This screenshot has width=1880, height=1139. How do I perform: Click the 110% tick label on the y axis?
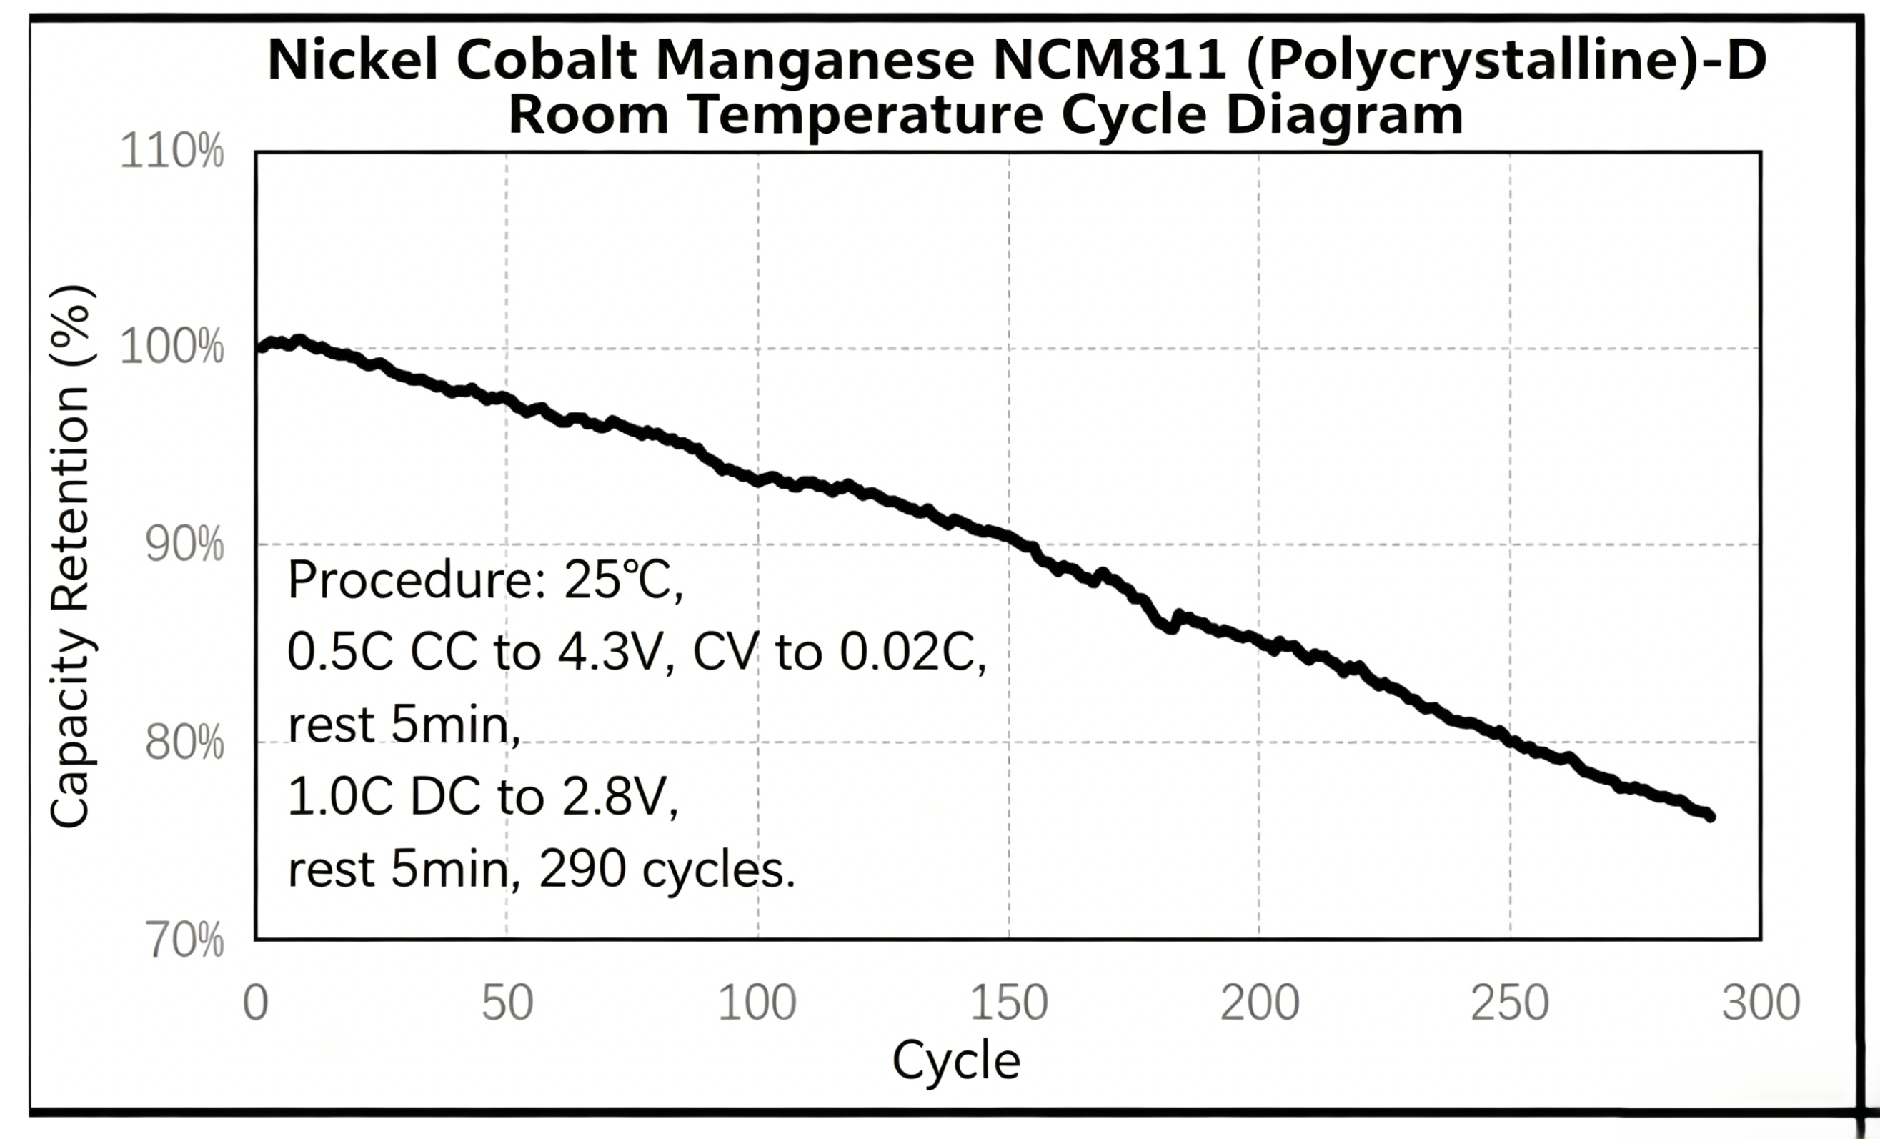click(x=172, y=151)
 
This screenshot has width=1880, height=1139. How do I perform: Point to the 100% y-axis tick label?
click(x=172, y=348)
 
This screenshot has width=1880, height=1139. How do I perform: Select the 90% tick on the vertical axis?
click(x=184, y=544)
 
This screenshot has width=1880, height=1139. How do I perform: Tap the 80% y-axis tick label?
click(x=184, y=742)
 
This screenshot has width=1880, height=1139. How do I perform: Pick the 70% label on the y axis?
click(x=184, y=940)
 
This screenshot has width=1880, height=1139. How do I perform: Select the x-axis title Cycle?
click(x=956, y=1061)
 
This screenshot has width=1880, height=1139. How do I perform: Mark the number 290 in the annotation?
click(x=582, y=869)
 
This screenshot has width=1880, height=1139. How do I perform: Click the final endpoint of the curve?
click(x=1710, y=816)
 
